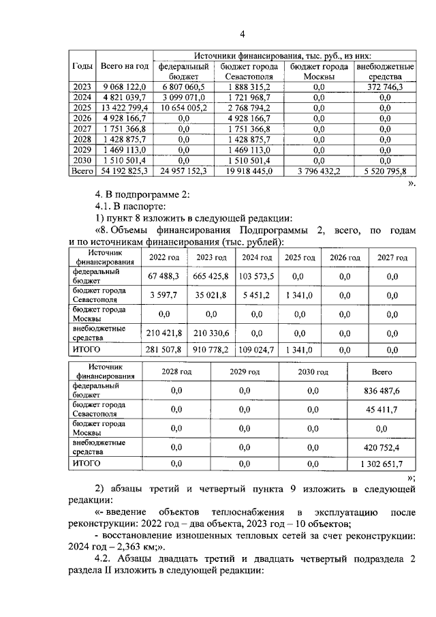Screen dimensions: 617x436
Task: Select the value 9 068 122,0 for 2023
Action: pos(124,87)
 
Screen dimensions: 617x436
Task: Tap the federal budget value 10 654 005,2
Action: pos(183,107)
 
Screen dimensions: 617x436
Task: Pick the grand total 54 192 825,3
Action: pos(124,170)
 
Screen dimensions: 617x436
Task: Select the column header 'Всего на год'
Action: pos(124,66)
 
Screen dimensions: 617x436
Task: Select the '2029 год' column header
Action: pos(245,372)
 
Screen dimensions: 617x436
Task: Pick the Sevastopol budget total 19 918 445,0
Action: pos(245,170)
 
